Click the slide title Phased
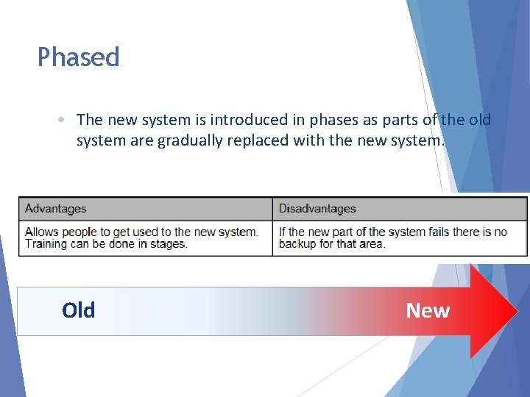[78, 57]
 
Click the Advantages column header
[56, 209]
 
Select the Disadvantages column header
[317, 209]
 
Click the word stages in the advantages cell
[167, 243]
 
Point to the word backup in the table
[298, 243]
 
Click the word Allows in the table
[42, 232]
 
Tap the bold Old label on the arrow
[79, 311]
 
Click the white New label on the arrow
[428, 311]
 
